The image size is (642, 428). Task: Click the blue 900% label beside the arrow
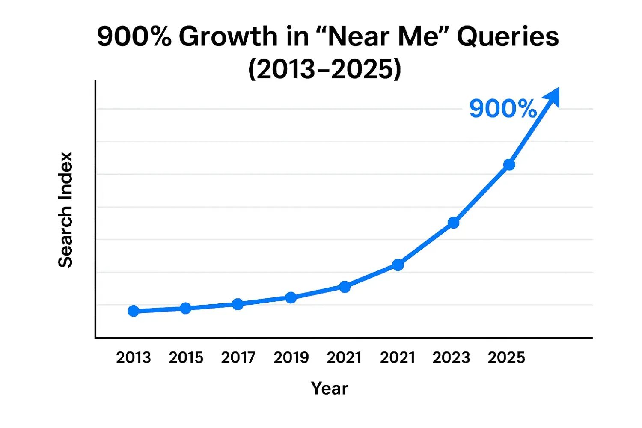[502, 109]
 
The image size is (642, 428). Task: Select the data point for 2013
[134, 311]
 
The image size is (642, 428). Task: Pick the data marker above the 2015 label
[185, 308]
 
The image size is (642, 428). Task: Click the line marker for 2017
[238, 304]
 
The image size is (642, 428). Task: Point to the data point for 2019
[291, 297]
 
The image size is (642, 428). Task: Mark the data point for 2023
[454, 223]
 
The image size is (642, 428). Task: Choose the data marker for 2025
[509, 165]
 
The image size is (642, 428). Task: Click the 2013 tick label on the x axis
[134, 357]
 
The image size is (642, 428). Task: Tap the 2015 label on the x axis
[186, 357]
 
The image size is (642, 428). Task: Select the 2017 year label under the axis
[238, 357]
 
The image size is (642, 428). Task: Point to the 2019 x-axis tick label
[291, 357]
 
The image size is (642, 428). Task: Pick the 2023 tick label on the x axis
[451, 357]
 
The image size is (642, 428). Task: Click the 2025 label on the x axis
[506, 357]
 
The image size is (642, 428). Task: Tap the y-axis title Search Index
[65, 210]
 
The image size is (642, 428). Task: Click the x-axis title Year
[330, 389]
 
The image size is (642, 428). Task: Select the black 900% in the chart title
[134, 36]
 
